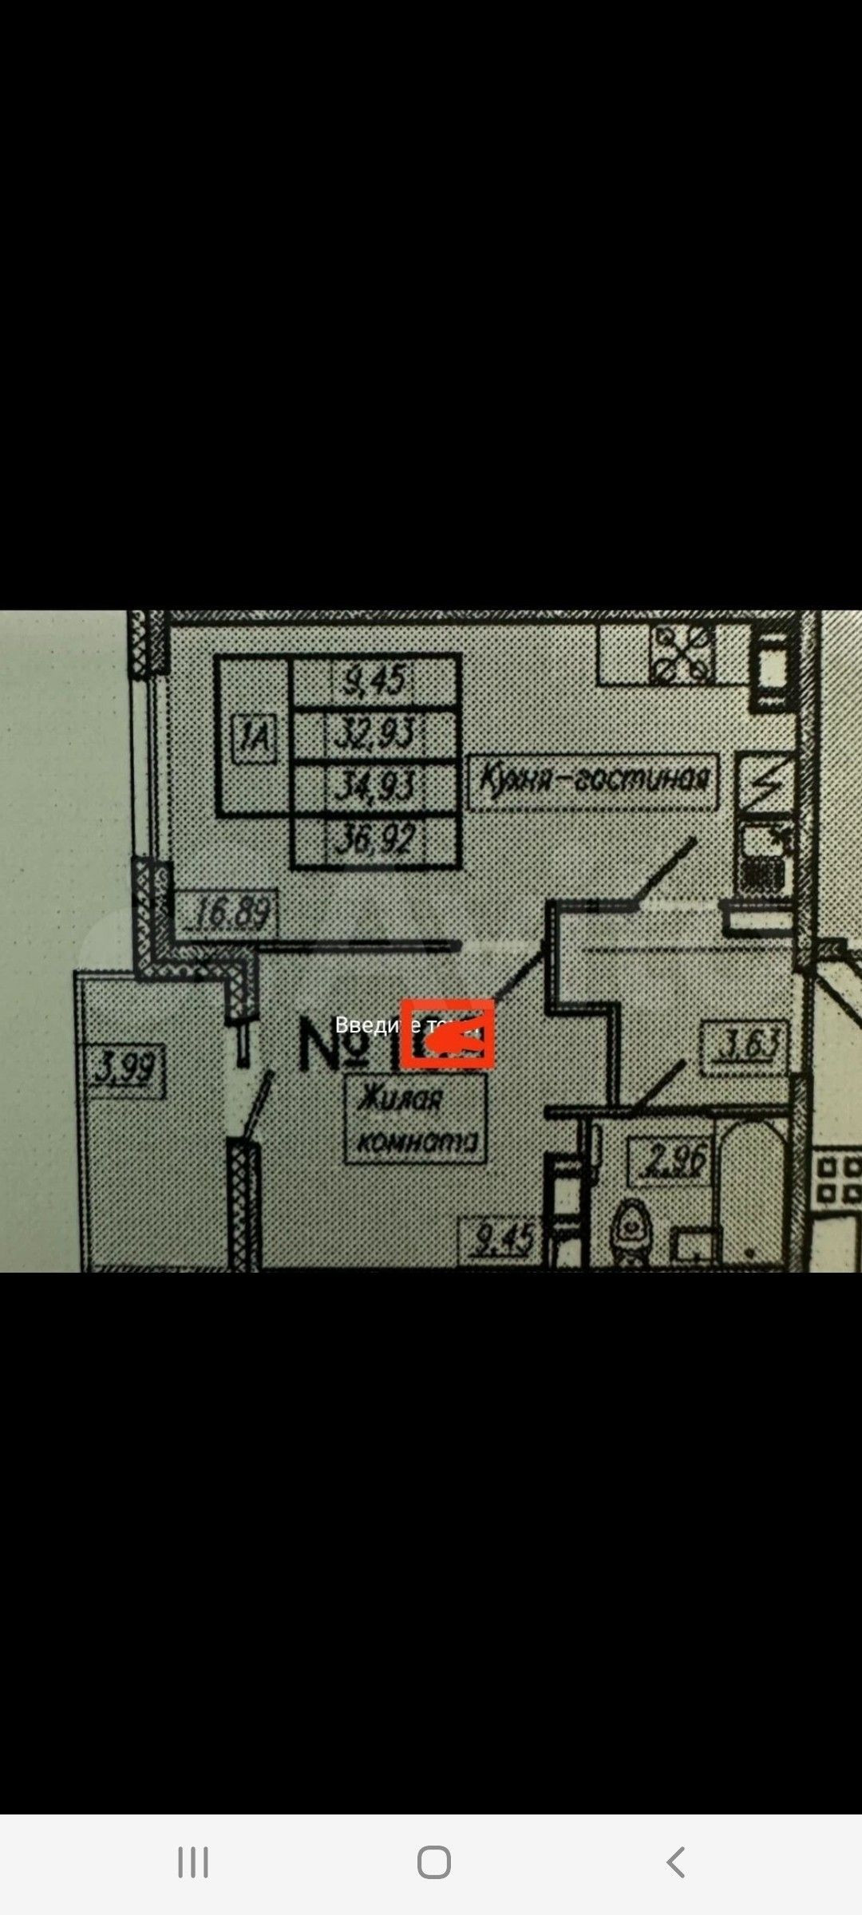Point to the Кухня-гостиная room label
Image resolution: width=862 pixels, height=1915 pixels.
coord(593,778)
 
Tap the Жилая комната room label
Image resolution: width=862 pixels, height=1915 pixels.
coord(416,1119)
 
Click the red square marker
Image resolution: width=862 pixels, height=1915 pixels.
coord(447,1033)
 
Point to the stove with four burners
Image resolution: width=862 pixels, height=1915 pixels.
coord(682,653)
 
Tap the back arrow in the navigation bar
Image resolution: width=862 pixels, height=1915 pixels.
coord(675,1862)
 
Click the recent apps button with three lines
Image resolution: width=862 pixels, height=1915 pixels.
coord(192,1862)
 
